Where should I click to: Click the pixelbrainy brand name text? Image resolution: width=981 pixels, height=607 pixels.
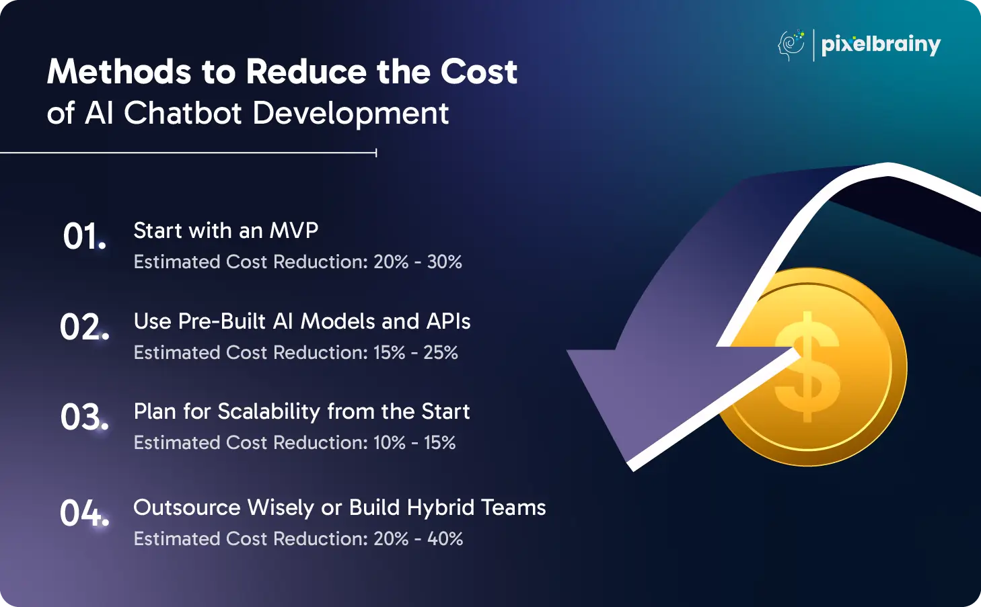(x=881, y=44)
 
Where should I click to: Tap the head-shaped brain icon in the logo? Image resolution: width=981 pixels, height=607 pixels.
(x=791, y=45)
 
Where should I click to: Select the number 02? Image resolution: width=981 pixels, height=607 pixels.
(x=85, y=327)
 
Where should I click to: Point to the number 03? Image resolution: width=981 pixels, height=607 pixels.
(x=85, y=417)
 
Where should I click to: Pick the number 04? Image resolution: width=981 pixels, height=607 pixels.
(x=85, y=514)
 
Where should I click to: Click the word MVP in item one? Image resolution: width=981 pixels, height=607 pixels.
(x=294, y=231)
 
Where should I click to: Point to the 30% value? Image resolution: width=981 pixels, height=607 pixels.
(x=445, y=262)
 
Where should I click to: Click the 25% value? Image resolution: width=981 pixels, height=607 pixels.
(x=441, y=353)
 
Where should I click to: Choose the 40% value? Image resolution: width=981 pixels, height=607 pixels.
(x=445, y=538)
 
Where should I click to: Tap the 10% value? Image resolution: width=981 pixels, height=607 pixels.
(x=390, y=443)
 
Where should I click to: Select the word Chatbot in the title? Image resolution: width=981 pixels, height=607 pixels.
(x=183, y=114)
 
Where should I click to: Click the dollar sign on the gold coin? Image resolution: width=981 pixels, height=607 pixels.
(x=807, y=367)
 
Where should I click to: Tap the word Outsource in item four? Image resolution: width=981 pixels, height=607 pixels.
(x=187, y=508)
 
